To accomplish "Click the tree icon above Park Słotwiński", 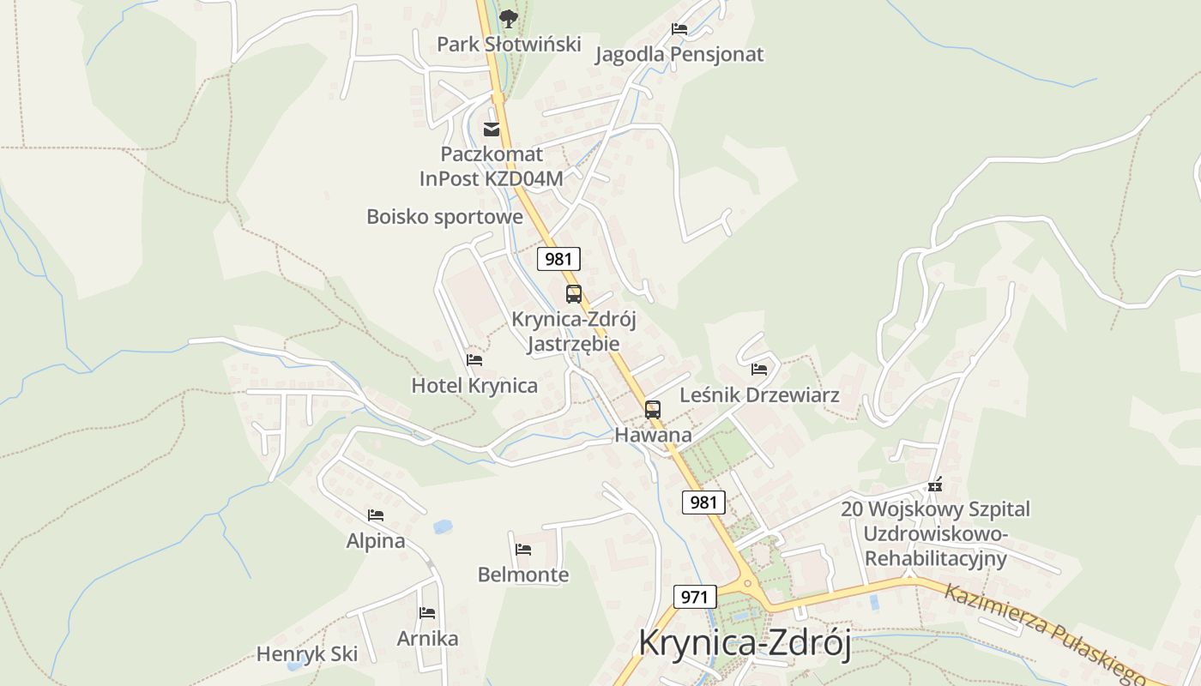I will (x=509, y=17).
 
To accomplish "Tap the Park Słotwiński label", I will (x=509, y=44).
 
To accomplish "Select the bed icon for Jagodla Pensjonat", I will (x=679, y=28).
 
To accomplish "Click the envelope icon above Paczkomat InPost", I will (x=492, y=129).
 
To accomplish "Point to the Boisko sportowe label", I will (x=444, y=216).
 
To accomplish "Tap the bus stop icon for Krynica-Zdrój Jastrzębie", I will (x=574, y=294).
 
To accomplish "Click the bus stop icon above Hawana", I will (x=653, y=409).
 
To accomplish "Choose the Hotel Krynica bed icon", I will (x=474, y=359).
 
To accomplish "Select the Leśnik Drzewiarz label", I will (x=759, y=395).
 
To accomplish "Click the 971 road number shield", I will (x=694, y=597).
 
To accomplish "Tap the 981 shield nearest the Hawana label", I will (x=703, y=502).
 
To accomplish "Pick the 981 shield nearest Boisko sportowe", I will (x=559, y=259).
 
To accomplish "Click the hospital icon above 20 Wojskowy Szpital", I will (x=935, y=484).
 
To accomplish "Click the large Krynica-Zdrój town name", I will (x=745, y=644).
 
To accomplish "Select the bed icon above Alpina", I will (x=376, y=515).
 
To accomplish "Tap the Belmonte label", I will (x=523, y=575).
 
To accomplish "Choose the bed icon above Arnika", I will (x=427, y=612).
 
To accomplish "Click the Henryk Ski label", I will (x=307, y=654).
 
